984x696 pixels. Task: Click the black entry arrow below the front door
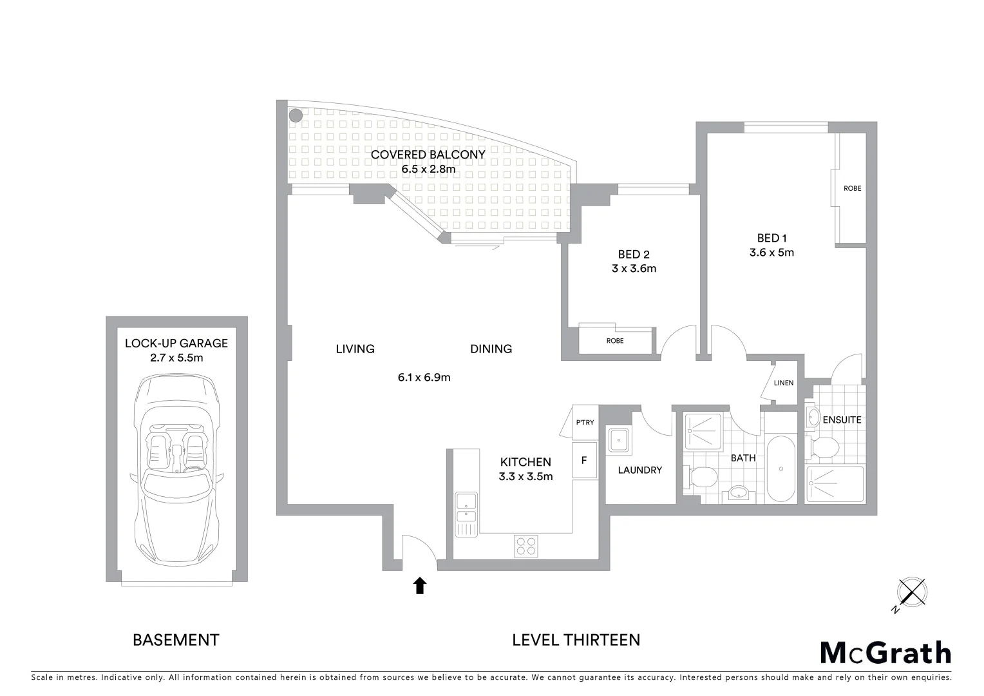point(420,585)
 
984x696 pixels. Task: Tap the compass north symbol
point(911,593)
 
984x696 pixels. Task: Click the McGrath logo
point(885,653)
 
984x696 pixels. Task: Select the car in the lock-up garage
point(176,469)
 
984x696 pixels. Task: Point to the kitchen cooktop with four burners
point(525,546)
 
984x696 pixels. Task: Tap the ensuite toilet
point(824,447)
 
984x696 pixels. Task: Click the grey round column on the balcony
point(296,116)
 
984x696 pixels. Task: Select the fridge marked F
point(584,461)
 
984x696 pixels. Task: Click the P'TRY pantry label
point(585,423)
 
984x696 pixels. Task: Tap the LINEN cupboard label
point(784,383)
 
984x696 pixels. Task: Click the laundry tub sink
point(618,441)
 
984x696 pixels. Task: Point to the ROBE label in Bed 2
point(615,341)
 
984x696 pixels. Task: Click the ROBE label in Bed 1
point(852,188)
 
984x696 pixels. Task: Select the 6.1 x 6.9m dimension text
point(424,378)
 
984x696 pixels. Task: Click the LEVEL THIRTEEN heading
point(576,640)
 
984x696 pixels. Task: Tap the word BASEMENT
point(176,640)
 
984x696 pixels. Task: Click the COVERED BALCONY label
point(428,155)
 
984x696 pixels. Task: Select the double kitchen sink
point(466,508)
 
